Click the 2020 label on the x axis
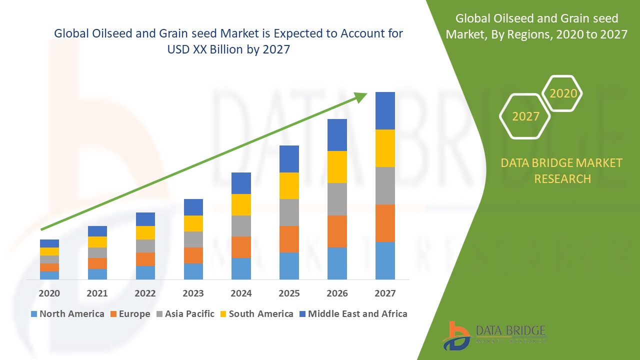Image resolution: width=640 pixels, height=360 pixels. click(49, 293)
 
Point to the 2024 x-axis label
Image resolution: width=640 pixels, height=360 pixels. click(241, 293)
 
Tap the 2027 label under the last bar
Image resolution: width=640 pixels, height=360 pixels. click(385, 293)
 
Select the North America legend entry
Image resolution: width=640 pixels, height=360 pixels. click(67, 314)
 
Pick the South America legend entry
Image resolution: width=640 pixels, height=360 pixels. click(256, 314)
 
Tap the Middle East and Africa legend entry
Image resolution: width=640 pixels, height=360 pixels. click(353, 314)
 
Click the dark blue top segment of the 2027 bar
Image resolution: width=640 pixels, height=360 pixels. click(385, 110)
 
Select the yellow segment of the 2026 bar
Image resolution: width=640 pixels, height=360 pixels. click(337, 166)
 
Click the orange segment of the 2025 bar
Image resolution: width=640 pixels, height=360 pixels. click(289, 239)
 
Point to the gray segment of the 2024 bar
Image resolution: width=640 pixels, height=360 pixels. click(241, 226)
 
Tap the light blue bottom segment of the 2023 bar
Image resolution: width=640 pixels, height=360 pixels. click(193, 271)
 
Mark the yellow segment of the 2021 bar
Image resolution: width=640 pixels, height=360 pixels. click(97, 242)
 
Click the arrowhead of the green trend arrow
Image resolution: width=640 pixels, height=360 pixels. click(361, 97)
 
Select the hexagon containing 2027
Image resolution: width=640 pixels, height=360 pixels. click(525, 116)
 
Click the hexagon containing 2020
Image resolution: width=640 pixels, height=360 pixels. click(563, 93)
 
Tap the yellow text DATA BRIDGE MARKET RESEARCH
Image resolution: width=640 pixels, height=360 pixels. click(562, 170)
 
